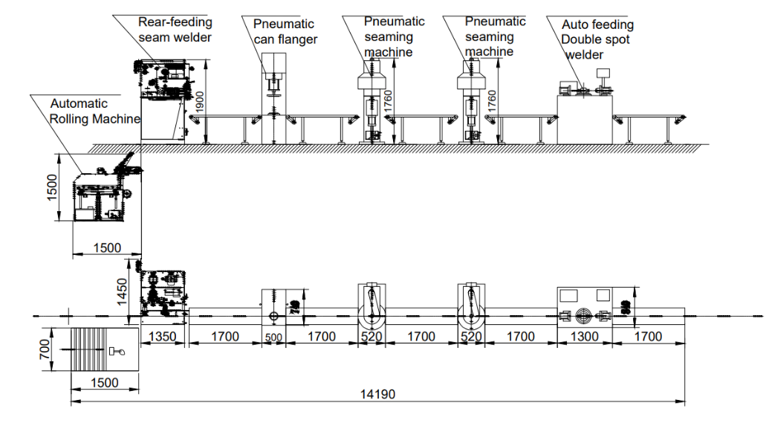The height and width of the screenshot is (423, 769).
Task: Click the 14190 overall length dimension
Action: (x=379, y=395)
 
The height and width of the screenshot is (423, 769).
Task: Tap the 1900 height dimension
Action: (x=198, y=102)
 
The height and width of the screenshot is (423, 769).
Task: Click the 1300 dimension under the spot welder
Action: (x=584, y=337)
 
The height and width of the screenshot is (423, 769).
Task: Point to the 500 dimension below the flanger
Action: (x=274, y=338)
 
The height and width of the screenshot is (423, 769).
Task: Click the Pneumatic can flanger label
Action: (x=285, y=31)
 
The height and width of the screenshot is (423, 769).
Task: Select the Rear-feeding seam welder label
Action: (x=175, y=30)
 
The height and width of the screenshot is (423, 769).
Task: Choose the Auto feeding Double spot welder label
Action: (x=597, y=39)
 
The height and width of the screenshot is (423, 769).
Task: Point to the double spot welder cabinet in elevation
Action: (x=585, y=115)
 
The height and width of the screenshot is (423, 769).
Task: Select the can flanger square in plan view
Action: (x=273, y=309)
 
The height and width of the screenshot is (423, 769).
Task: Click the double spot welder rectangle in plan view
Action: (x=584, y=308)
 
